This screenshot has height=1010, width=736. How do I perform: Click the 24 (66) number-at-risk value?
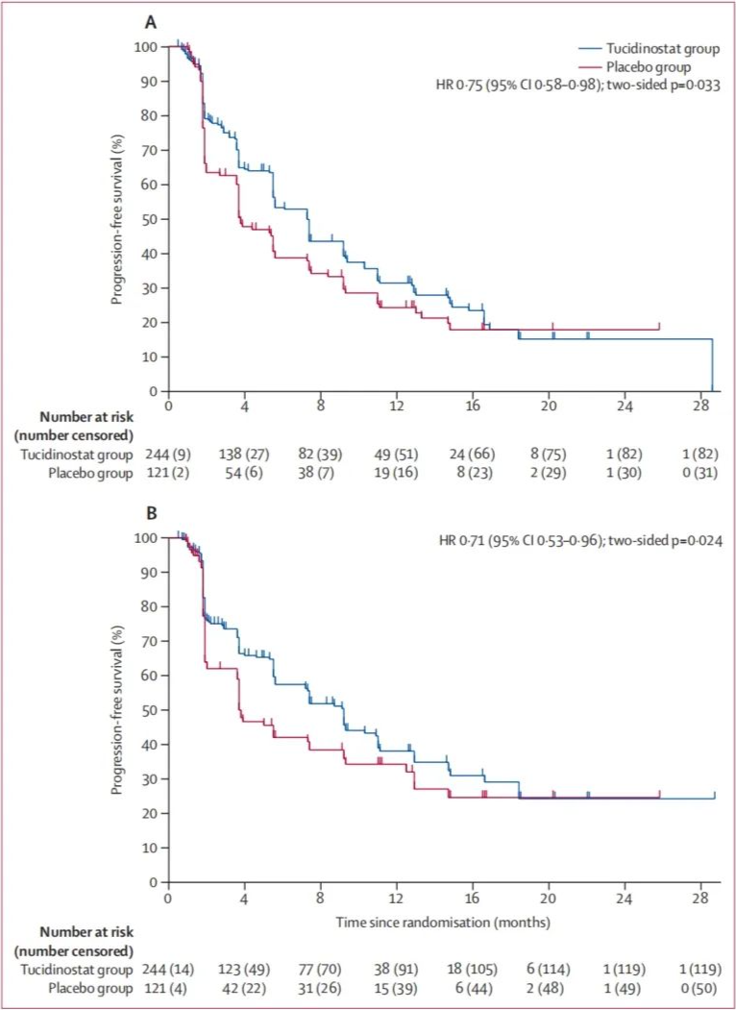[x=472, y=452]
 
